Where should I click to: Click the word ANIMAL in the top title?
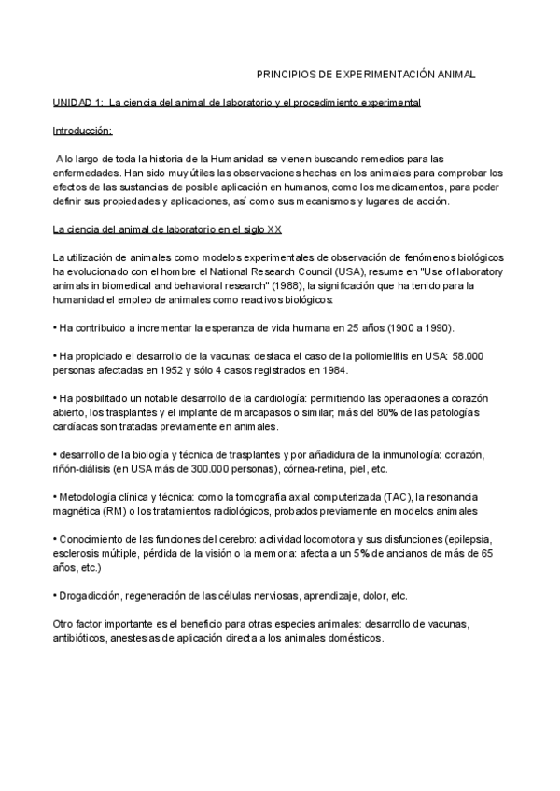coord(455,73)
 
